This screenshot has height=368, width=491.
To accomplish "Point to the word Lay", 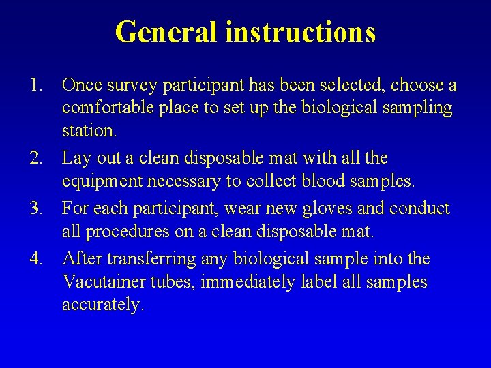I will pyautogui.click(x=75, y=159).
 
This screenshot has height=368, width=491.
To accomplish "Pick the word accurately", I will pyautogui.click(x=103, y=305).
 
